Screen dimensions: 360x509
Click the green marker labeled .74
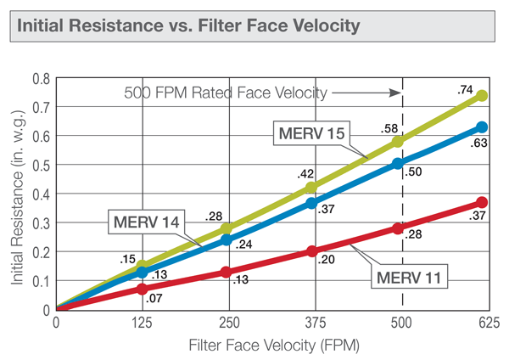pyautogui.click(x=482, y=96)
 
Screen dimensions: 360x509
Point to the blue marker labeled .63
pyautogui.click(x=482, y=127)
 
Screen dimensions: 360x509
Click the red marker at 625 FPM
pyautogui.click(x=482, y=202)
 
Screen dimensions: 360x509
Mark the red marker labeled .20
pyautogui.click(x=311, y=251)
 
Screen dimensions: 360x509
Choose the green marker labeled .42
pyautogui.click(x=311, y=188)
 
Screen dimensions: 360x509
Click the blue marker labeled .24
pyautogui.click(x=227, y=239)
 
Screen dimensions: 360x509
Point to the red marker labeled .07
pyautogui.click(x=142, y=290)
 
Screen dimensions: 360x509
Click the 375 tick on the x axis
pyautogui.click(x=311, y=323)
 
